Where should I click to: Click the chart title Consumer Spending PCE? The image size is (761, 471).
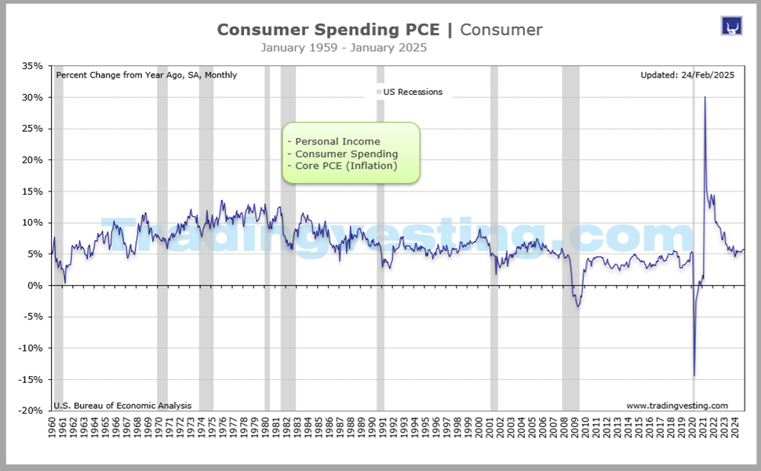[330, 30]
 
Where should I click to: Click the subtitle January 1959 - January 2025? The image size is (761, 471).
[344, 48]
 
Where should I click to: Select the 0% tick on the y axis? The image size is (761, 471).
[35, 286]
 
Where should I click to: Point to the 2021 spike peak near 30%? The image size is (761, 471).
[705, 97]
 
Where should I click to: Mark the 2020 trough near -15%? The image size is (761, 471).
[694, 375]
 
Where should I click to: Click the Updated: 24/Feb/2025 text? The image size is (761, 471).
[686, 75]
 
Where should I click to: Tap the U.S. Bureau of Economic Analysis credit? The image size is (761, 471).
[122, 406]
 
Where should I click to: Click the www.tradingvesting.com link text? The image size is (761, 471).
[677, 406]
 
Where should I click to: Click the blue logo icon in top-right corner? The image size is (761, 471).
[731, 25]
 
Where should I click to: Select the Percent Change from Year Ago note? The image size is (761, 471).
[147, 75]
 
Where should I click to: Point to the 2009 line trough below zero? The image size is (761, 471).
[578, 305]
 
